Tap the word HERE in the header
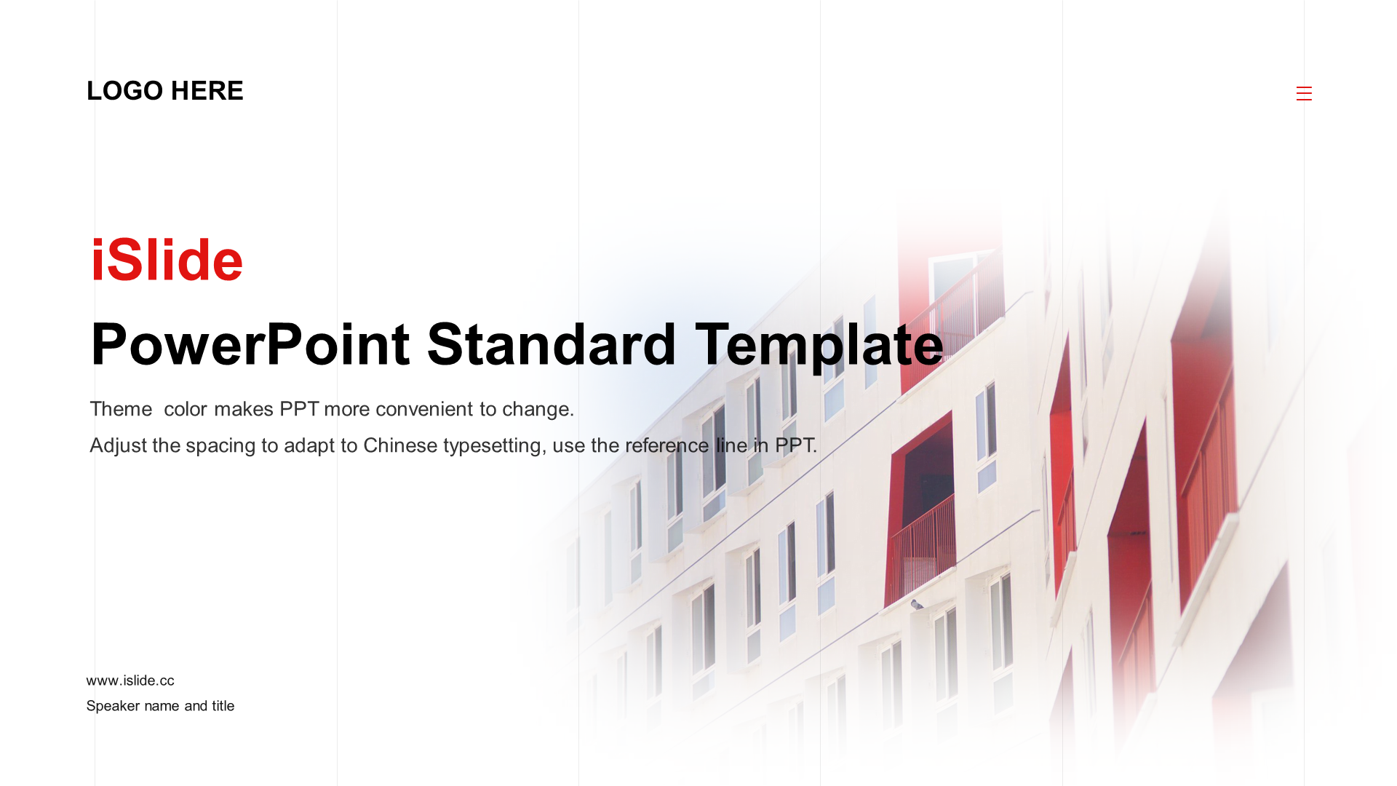(207, 91)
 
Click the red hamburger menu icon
(1304, 93)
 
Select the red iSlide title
(167, 260)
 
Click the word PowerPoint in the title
(250, 344)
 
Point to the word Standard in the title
(552, 344)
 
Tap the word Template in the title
(819, 346)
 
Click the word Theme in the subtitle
(121, 409)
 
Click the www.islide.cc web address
(130, 680)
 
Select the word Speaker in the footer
(113, 706)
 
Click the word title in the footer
(223, 706)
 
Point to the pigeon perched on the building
(917, 605)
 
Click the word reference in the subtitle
(666, 445)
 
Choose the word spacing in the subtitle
(220, 447)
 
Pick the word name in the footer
(162, 706)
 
